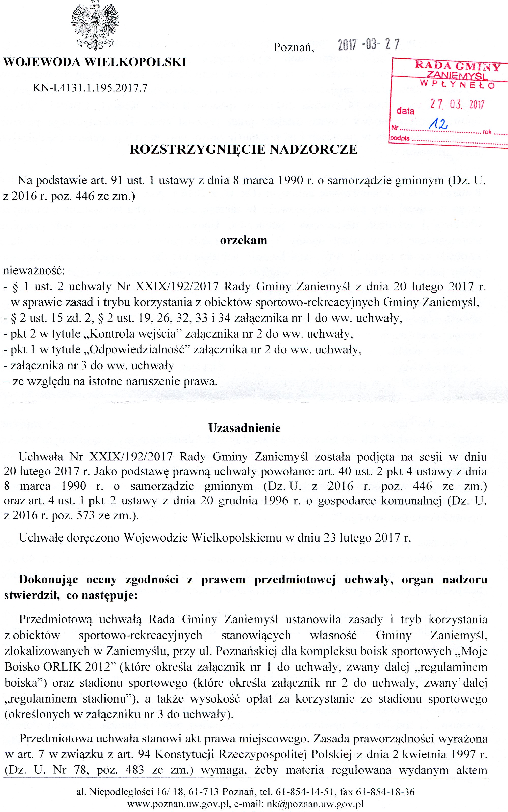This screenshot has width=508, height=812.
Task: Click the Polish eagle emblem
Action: tap(95, 25)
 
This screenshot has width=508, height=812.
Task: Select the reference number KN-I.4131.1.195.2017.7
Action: tap(90, 88)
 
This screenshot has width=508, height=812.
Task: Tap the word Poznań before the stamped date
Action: tap(294, 48)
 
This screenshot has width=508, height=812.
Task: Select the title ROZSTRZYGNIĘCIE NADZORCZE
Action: tap(244, 149)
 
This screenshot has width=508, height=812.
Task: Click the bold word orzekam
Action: tap(244, 240)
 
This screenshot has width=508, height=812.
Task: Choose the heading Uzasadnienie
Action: tap(244, 428)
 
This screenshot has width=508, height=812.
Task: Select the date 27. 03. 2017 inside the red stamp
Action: tap(457, 105)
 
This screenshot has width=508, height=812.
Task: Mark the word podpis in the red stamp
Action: tap(400, 138)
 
